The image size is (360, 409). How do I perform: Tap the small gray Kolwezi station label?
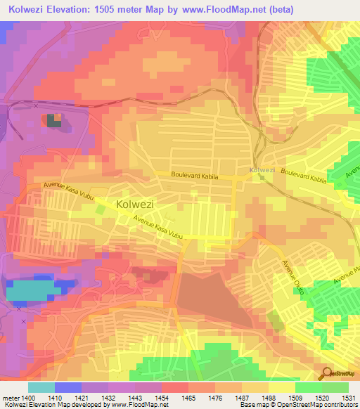(262, 170)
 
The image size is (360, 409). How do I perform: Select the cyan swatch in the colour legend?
(41, 387)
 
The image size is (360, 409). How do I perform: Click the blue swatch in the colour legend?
(67, 387)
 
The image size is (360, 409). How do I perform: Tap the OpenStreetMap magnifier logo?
(327, 373)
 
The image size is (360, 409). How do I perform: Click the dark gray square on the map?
(54, 121)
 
